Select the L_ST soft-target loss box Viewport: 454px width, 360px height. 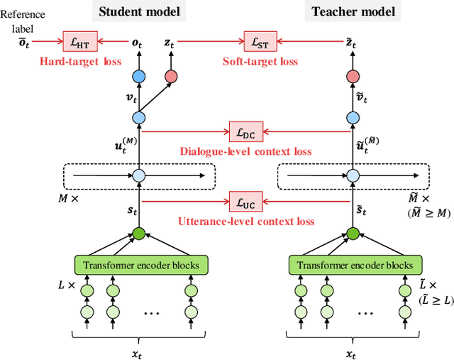(257, 43)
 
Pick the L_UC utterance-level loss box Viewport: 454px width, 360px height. (242, 203)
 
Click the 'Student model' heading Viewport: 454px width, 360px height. (139, 11)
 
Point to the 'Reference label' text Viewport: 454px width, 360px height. (23, 20)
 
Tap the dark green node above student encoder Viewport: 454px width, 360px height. (139, 233)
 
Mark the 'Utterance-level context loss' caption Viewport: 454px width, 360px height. (245, 221)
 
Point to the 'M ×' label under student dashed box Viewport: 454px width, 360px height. (68, 199)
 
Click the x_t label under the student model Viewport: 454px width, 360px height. (139, 352)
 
